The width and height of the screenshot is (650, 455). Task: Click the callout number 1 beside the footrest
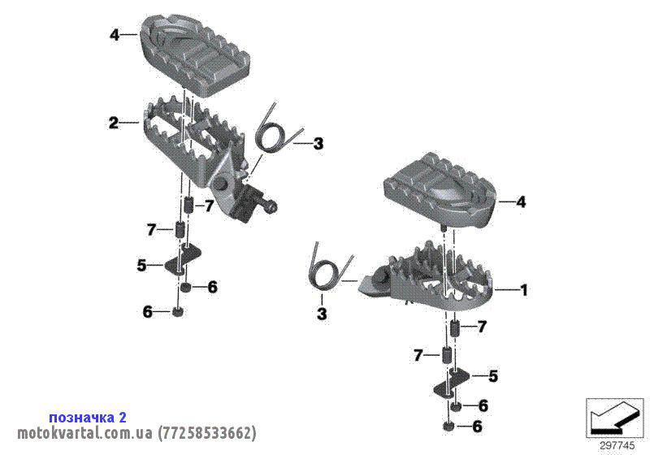tap(524, 290)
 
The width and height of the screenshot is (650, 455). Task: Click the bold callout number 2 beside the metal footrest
tap(114, 123)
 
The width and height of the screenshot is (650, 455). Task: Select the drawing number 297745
tap(617, 446)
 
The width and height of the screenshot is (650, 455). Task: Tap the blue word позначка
tap(82, 418)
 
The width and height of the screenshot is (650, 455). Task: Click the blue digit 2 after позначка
tap(123, 417)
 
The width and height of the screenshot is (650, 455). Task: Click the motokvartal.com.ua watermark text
tap(84, 433)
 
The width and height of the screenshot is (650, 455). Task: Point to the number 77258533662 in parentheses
tap(206, 433)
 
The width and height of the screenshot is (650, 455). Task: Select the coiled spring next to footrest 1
tap(330, 271)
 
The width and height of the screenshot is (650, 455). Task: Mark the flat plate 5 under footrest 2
tap(182, 260)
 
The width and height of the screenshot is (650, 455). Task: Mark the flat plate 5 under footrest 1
tap(452, 383)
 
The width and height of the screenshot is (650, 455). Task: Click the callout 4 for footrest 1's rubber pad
tap(521, 202)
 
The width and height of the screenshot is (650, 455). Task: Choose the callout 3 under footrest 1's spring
tap(322, 314)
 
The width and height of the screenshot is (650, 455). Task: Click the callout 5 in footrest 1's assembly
tap(493, 376)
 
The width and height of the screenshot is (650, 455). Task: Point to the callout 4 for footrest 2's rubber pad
tap(115, 35)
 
